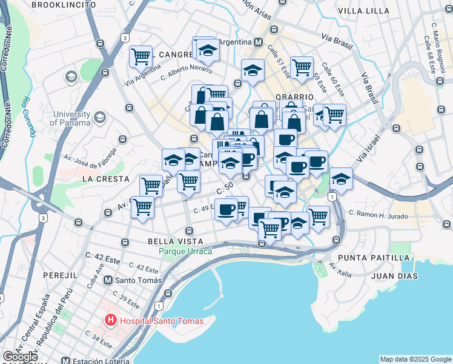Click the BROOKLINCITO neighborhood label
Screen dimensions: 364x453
pyautogui.click(x=64, y=5)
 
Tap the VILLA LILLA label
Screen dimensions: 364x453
pyautogui.click(x=363, y=11)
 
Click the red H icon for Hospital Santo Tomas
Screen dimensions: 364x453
pyautogui.click(x=110, y=320)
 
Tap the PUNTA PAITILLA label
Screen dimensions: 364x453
pyautogui.click(x=373, y=258)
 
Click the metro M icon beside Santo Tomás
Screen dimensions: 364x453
pyautogui.click(x=108, y=280)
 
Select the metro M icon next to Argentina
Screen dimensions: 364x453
pyautogui.click(x=258, y=42)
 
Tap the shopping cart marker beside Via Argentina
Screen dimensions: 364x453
pyautogui.click(x=141, y=56)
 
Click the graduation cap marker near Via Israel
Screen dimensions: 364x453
pyautogui.click(x=342, y=178)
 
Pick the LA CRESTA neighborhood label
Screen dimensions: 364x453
pyautogui.click(x=105, y=179)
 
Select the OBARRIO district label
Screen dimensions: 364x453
pyautogui.click(x=294, y=96)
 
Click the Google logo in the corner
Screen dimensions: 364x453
pyautogui.click(x=20, y=357)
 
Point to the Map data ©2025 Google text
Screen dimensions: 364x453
pyautogui.click(x=415, y=359)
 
